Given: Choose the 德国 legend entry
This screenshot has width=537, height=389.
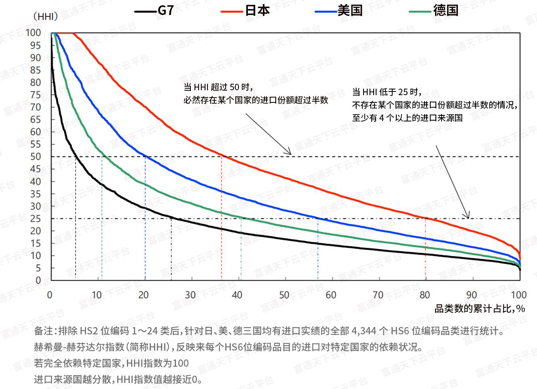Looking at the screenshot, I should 433,11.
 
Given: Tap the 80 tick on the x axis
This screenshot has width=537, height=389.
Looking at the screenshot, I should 425,295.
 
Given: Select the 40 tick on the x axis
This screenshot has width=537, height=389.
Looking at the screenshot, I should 237,295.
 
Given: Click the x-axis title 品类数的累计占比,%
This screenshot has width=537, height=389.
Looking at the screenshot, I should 480,308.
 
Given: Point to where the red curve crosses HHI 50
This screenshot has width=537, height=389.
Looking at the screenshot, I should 222,156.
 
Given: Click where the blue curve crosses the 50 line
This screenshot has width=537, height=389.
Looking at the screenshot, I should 145,156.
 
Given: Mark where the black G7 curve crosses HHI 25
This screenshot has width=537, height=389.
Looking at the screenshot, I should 171,219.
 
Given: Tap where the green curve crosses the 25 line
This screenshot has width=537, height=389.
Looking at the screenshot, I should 241,219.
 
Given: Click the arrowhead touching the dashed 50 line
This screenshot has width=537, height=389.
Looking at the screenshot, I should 289,153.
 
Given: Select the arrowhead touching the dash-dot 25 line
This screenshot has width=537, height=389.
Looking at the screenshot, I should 468,216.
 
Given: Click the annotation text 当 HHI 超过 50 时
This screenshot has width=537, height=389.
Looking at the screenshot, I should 218,87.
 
